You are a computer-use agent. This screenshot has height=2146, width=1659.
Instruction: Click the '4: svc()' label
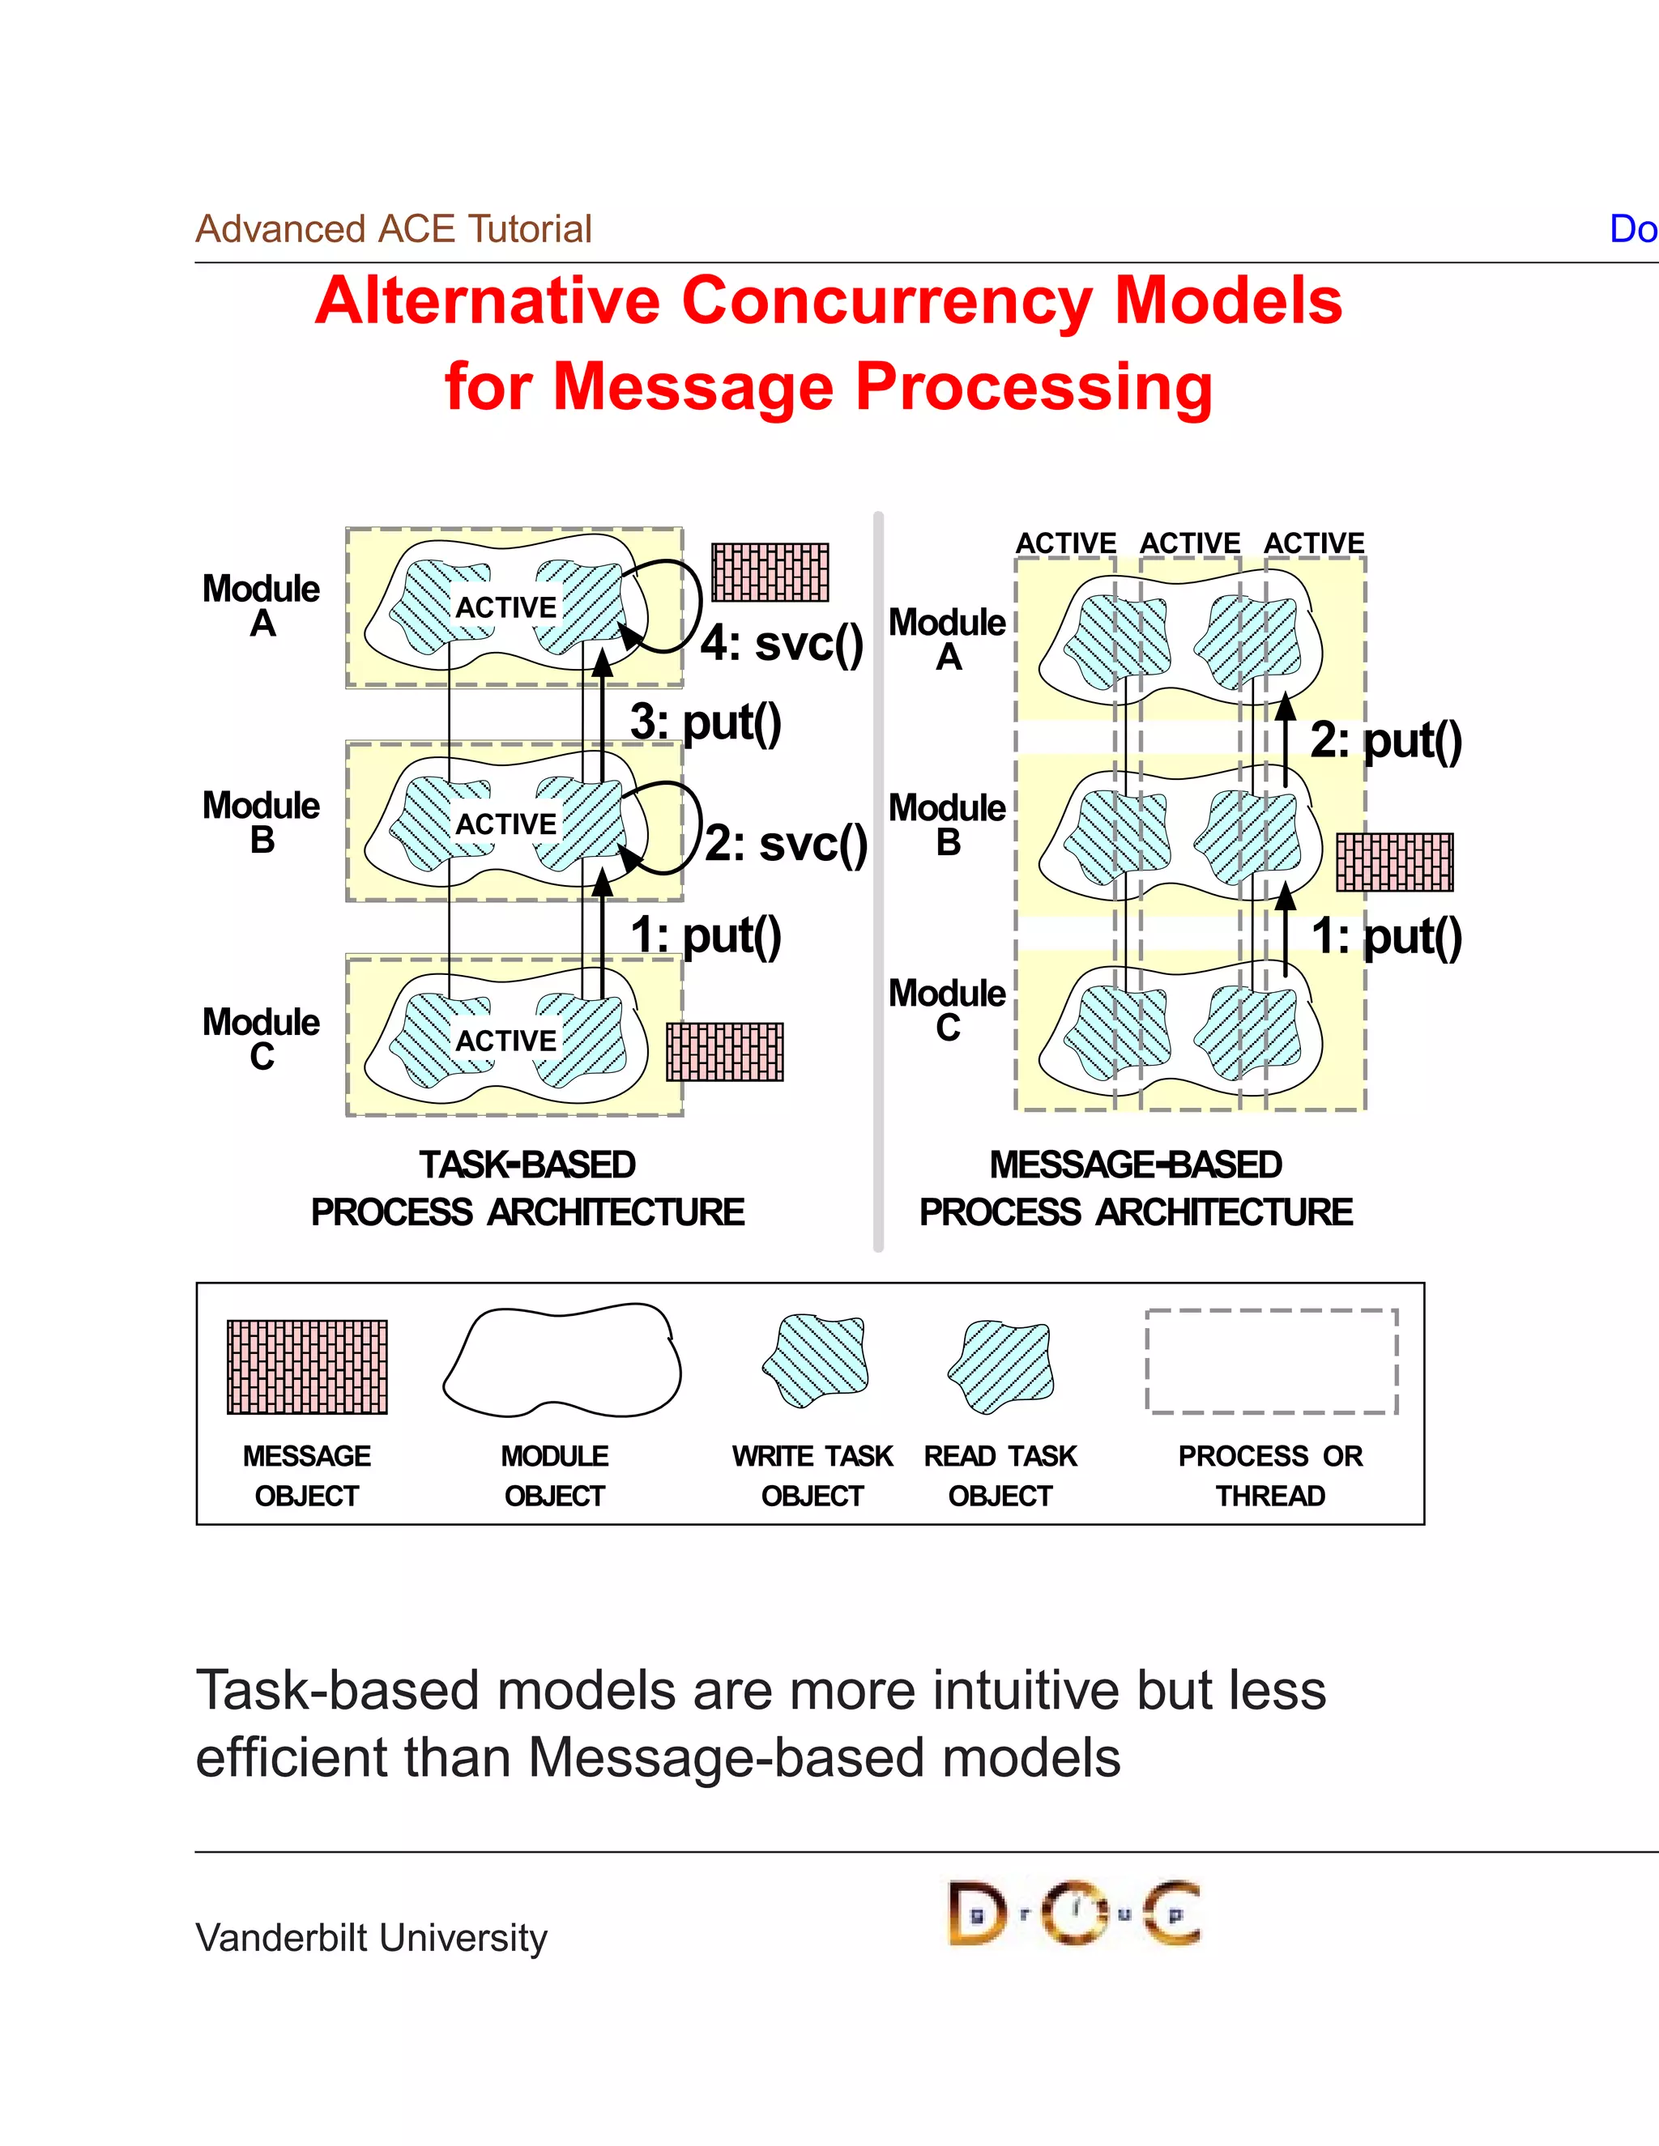(782, 645)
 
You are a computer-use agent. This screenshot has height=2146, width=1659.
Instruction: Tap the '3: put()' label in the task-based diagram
(706, 722)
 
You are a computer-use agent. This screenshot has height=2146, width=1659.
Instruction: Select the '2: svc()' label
(787, 844)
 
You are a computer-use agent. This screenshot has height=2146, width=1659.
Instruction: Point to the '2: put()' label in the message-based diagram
(1386, 740)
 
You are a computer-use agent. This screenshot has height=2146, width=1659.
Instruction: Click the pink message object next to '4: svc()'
(770, 572)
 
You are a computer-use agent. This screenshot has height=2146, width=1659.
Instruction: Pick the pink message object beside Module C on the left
(724, 1051)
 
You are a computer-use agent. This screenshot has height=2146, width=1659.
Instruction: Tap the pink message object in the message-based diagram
(1393, 862)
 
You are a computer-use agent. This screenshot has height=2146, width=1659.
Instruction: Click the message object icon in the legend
(307, 1367)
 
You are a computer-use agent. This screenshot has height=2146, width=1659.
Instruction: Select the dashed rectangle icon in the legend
(1271, 1362)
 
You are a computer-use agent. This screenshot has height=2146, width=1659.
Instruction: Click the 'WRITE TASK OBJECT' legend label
(812, 1475)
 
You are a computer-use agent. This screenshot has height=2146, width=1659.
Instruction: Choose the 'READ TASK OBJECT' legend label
(1000, 1475)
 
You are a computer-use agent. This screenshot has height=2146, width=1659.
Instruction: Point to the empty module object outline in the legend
(561, 1361)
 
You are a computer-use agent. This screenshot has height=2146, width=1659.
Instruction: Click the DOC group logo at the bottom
(1073, 1913)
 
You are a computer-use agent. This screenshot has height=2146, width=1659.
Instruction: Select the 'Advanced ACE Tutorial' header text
(393, 229)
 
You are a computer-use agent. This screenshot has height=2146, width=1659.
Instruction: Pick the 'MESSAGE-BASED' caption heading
(1135, 1165)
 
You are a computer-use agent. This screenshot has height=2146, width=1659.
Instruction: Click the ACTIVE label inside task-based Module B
(505, 824)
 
